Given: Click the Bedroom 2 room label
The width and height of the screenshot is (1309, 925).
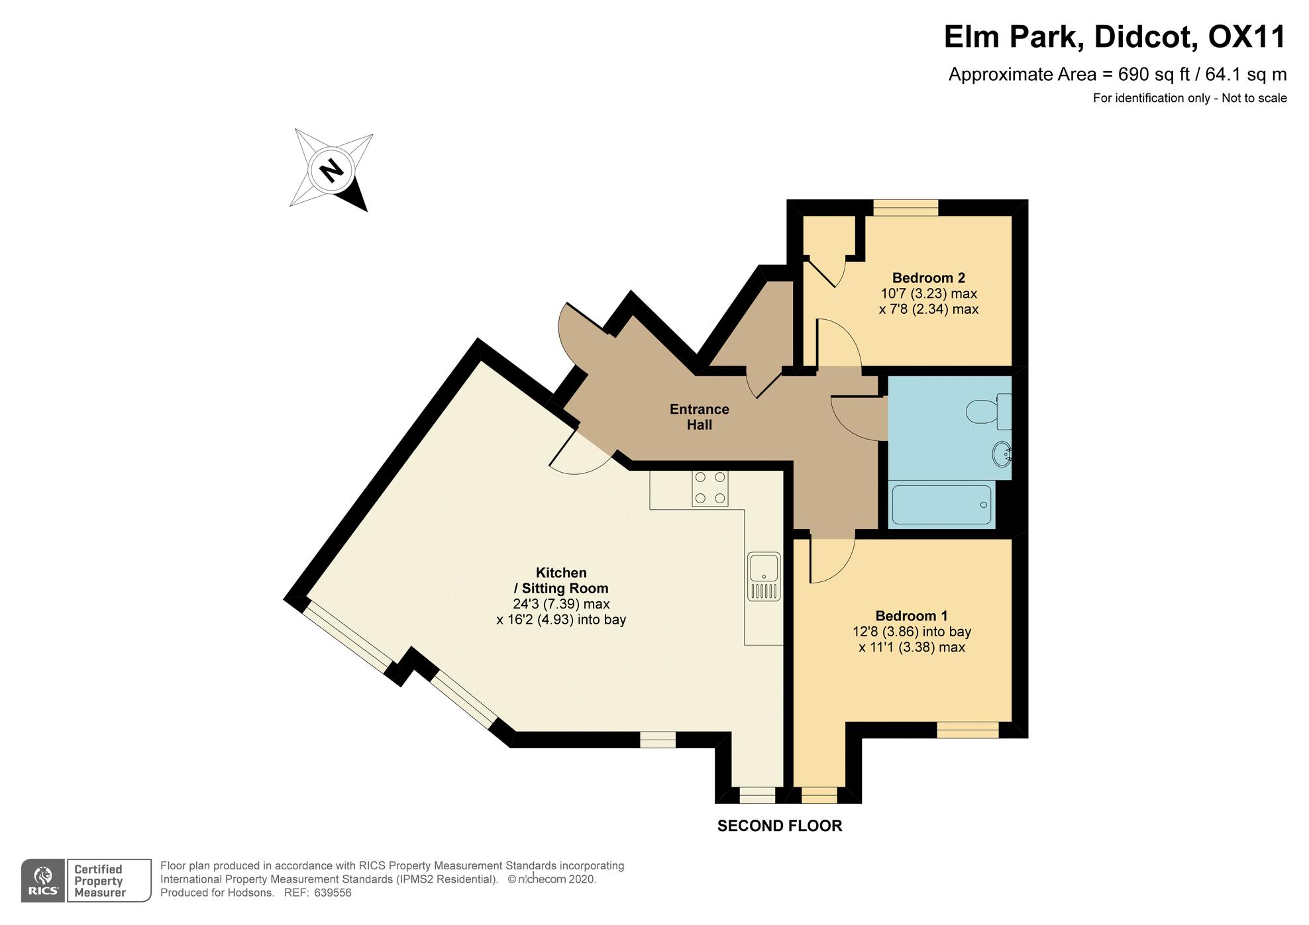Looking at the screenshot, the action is point(928,277).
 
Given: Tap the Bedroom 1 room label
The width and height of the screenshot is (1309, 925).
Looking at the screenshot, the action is point(911,616).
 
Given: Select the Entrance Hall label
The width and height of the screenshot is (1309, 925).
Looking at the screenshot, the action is point(699,416).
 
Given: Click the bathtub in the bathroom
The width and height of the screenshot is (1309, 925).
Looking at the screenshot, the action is point(941,505).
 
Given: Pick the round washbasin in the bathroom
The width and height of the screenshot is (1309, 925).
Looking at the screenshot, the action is point(1002,454).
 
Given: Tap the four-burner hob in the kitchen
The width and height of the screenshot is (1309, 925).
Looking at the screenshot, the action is point(710,488).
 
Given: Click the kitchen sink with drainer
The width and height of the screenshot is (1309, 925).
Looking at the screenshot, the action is point(764,576).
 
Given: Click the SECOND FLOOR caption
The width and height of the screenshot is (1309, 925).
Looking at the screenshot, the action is point(780,826).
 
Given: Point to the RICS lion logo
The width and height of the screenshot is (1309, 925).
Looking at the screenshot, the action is point(44,881).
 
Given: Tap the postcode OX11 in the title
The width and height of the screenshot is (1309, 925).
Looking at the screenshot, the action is point(1247,36).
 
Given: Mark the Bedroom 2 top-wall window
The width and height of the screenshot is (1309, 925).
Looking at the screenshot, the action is point(906,208).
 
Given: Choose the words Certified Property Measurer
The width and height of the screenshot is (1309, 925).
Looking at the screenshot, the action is point(99,881).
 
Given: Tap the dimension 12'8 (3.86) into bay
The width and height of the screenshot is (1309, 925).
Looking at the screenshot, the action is point(912,632).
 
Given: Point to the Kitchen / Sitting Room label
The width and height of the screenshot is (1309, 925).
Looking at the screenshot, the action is point(561,580).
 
